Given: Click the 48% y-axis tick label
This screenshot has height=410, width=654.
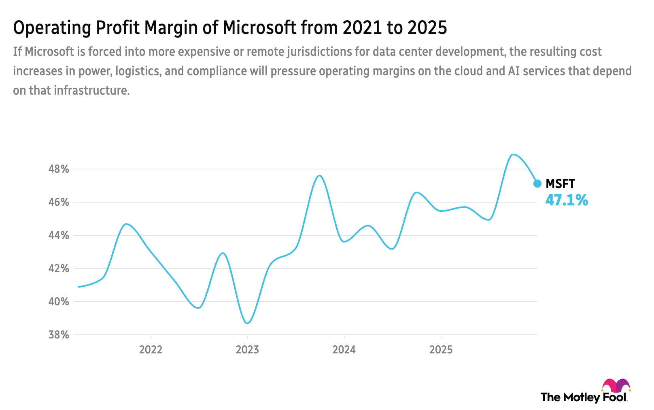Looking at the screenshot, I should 59,169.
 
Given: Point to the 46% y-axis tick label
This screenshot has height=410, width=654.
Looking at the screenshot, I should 59,202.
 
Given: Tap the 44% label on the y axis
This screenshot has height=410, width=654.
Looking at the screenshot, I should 59,235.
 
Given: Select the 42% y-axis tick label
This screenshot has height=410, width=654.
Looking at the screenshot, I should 59,268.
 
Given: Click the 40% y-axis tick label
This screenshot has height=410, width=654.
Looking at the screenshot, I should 59,302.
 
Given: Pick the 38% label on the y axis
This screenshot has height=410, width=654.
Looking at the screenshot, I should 59,335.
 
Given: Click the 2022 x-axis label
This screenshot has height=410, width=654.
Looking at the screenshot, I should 151,350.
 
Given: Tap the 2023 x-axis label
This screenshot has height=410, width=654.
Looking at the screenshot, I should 247,350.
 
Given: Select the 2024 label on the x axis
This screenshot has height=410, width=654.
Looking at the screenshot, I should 344,350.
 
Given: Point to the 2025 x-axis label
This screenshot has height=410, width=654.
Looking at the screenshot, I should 441,350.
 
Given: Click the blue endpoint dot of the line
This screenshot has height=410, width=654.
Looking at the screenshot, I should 537,184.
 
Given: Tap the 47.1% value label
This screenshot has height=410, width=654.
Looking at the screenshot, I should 567,200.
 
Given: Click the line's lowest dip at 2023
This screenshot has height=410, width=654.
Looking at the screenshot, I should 248,323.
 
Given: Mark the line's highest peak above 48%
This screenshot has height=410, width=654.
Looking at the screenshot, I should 513,154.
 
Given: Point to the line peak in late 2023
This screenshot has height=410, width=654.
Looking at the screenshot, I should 319,175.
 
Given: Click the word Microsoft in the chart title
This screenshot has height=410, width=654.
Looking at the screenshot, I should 259,28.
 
